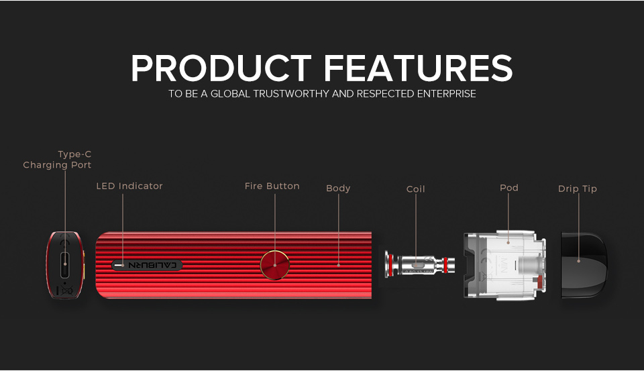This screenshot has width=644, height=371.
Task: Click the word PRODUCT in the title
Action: pos(221,68)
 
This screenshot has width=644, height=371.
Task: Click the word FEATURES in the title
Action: pos(419,68)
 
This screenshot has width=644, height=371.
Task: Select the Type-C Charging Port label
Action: pos(57,160)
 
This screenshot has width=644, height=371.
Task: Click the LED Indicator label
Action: pos(129,186)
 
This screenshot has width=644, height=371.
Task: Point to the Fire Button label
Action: pos(272,186)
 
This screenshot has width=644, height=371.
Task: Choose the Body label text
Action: pos(338,188)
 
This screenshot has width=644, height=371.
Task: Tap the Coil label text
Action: pos(416,189)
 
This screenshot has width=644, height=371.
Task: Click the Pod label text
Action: pos(509,188)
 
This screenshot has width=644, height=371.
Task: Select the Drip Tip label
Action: pos(578,189)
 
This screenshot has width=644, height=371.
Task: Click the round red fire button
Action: pos(275,265)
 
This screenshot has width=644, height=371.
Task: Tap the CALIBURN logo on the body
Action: pos(152,265)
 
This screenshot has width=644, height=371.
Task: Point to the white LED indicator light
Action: pos(119,266)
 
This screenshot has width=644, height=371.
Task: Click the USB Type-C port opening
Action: pos(65,265)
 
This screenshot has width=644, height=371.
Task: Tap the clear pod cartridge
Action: pos(504,265)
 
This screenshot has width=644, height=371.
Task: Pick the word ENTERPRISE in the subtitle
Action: pos(447,94)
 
